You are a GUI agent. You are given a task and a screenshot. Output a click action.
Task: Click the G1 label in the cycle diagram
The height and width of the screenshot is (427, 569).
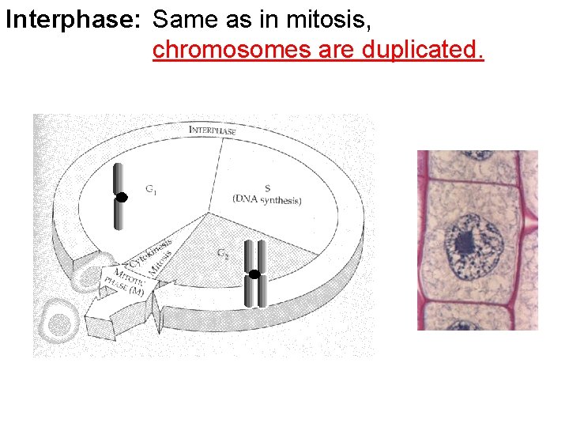[150, 190]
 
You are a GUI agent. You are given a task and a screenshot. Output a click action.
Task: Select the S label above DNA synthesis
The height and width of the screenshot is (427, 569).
[267, 188]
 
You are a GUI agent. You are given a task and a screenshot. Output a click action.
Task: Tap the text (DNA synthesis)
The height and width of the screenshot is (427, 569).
[267, 201]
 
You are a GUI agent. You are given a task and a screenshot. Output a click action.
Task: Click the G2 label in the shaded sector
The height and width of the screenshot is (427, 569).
[224, 253]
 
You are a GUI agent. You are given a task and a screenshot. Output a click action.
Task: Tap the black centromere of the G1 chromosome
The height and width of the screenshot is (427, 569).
[121, 198]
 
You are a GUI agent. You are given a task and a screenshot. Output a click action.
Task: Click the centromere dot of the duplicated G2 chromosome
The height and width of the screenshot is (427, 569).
[254, 274]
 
